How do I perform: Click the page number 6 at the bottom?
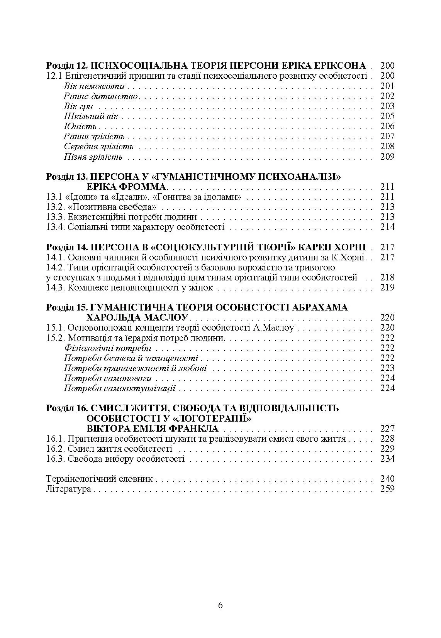click(220, 605)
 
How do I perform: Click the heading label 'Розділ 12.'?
click(66, 66)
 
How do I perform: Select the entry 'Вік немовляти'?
click(94, 86)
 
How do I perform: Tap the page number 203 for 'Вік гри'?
click(387, 106)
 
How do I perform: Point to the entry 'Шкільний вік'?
click(91, 116)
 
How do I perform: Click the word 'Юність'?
click(80, 127)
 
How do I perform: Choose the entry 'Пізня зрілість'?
click(93, 157)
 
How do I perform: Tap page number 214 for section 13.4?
click(387, 227)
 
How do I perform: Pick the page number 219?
click(387, 287)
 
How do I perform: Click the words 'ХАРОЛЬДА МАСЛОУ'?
click(137, 318)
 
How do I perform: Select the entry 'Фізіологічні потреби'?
click(107, 348)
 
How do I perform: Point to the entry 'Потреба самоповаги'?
click(108, 378)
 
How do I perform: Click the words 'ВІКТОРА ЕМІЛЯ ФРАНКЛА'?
click(153, 429)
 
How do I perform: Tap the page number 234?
click(387, 459)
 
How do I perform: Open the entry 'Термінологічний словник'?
click(99, 479)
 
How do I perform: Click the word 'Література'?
click(68, 489)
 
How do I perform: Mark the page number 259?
click(387, 489)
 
